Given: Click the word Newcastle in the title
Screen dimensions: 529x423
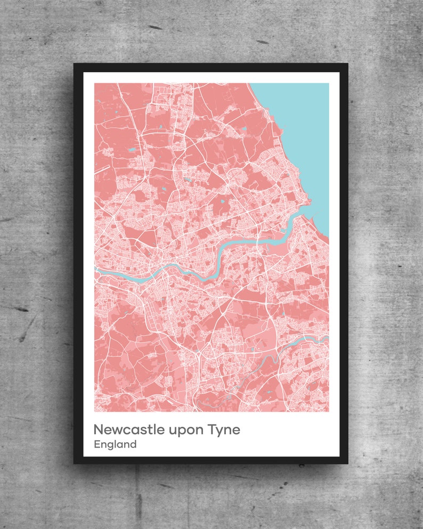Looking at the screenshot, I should point(129,429).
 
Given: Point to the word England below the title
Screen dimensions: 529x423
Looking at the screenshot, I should point(115,444).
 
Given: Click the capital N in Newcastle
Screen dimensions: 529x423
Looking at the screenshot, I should point(99,429).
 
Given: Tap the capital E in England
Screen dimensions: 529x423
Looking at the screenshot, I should point(96,444).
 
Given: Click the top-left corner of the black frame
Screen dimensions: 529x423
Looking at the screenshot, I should point(75,64).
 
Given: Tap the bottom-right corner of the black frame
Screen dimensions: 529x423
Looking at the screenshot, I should point(347,463).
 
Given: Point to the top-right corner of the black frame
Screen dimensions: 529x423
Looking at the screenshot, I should point(347,64).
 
